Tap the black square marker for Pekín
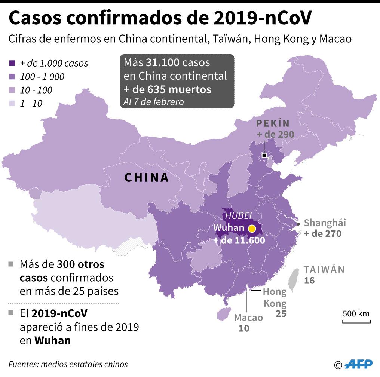pyautogui.click(x=264, y=155)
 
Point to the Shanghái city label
pyautogui.click(x=325, y=223)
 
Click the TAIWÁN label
pyautogui.click(x=324, y=269)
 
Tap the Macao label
pyautogui.click(x=248, y=318)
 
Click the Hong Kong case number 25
pyautogui.click(x=281, y=313)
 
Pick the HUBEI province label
pyautogui.click(x=238, y=216)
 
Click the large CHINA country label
pyautogui.click(x=147, y=177)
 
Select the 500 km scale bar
pyautogui.click(x=356, y=321)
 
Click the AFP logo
pyautogui.click(x=358, y=364)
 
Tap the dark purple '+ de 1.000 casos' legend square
pyautogui.click(x=12, y=64)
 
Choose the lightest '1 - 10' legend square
pyautogui.click(x=12, y=104)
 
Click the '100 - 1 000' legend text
pyautogui.click(x=42, y=77)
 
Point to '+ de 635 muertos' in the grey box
pyautogui.click(x=168, y=89)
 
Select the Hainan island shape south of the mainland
pyautogui.click(x=223, y=315)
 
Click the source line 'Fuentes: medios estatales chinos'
pyautogui.click(x=68, y=364)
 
